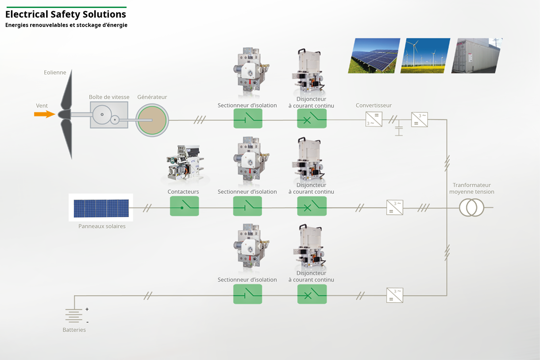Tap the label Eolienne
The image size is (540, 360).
pyautogui.click(x=55, y=73)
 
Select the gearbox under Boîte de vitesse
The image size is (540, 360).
pyautogui.click(x=109, y=115)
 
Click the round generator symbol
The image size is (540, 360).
pyautogui.click(x=152, y=120)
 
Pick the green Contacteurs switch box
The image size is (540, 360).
pyautogui.click(x=184, y=206)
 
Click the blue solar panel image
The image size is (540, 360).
pyautogui.click(x=101, y=208)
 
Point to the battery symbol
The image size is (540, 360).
pyautogui.click(x=74, y=315)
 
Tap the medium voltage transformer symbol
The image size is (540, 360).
pyautogui.click(x=471, y=208)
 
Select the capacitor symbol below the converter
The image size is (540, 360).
pyautogui.click(x=399, y=130)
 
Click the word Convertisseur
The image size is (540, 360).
pyautogui.click(x=374, y=106)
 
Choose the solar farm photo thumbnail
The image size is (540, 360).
pyautogui.click(x=374, y=55)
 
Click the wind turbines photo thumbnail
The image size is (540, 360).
pyautogui.click(x=425, y=55)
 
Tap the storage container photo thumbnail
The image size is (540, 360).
pyautogui.click(x=476, y=55)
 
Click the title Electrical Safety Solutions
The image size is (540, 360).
pyautogui.click(x=66, y=14)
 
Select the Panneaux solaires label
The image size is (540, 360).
pyautogui.click(x=102, y=226)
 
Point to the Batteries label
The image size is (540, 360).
pyautogui.click(x=74, y=330)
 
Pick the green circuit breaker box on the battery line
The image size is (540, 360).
pyautogui.click(x=312, y=294)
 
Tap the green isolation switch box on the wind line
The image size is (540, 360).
pyautogui.click(x=248, y=118)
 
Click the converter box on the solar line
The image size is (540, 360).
pyautogui.click(x=395, y=208)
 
